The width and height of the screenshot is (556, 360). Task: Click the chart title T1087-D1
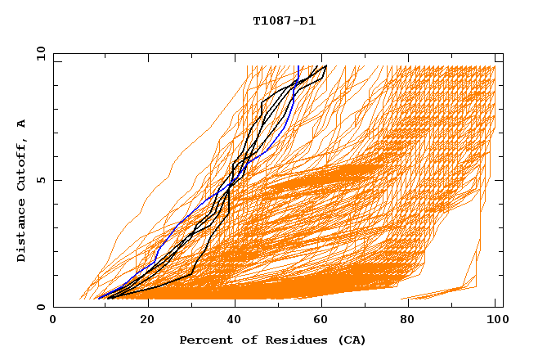(x=284, y=21)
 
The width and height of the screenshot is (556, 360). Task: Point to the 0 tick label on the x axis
(x=54, y=320)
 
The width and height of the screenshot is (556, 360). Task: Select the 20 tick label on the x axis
(x=148, y=320)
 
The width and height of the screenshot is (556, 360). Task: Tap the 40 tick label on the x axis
(x=236, y=320)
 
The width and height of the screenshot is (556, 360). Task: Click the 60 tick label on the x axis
(x=325, y=320)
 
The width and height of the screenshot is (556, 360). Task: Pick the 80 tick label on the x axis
(x=413, y=320)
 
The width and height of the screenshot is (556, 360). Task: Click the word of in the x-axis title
(x=243, y=340)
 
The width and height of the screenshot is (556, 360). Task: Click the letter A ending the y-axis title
(x=21, y=123)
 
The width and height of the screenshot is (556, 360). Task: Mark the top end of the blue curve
(x=299, y=67)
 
